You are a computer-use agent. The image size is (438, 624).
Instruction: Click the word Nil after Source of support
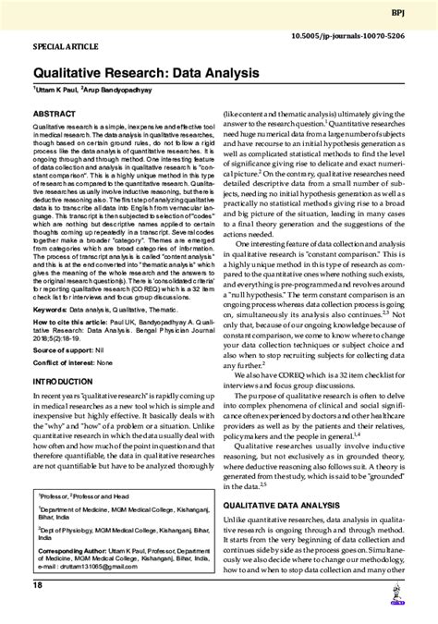click(108, 352)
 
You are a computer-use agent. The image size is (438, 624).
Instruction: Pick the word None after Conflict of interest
click(116, 366)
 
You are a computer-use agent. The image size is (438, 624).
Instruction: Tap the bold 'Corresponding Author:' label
click(75, 550)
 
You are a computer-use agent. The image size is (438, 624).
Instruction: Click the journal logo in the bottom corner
click(408, 605)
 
